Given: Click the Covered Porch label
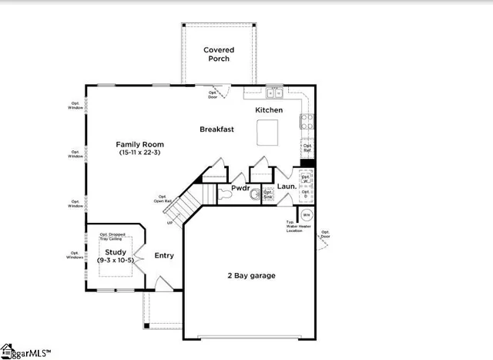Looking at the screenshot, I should pos(219,54).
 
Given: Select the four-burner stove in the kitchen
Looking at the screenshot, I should pos(306,120).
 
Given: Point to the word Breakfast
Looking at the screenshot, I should pos(216,130).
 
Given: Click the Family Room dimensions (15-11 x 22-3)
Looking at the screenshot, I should pos(139,153).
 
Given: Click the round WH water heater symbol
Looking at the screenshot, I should pos(307,215).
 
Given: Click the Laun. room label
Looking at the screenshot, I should pos(287,187).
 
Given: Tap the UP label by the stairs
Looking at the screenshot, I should pos(169,223).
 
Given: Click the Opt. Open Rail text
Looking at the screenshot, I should pos(163,199).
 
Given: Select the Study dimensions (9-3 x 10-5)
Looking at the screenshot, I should pos(116,261).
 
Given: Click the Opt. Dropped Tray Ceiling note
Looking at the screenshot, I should pos(114,236).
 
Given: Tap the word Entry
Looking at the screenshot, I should pos(164,255).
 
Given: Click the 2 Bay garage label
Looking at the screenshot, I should pos(250,275).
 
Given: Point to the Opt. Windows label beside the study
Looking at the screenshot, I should pos(75,254).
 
